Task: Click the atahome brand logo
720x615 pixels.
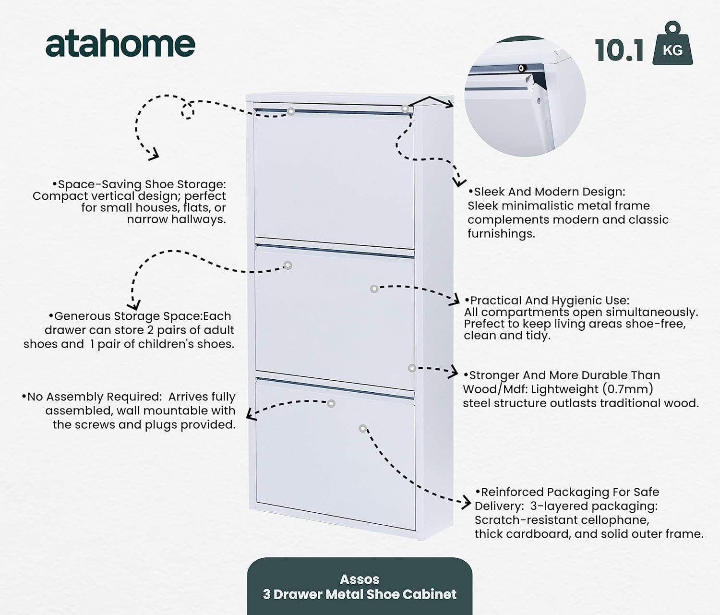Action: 120,45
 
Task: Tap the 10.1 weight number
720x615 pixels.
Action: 619,51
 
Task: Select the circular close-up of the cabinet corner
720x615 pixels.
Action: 525,96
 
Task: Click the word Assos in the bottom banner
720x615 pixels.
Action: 360,579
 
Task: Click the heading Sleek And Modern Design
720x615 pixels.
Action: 547,191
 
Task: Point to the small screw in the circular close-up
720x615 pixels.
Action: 521,68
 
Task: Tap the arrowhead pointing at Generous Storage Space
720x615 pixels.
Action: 134,305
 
